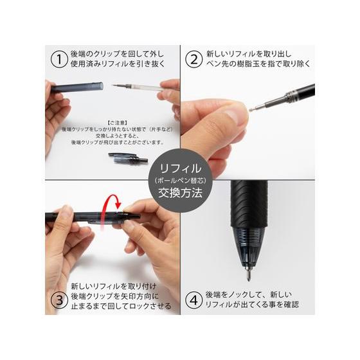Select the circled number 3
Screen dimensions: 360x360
59,300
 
